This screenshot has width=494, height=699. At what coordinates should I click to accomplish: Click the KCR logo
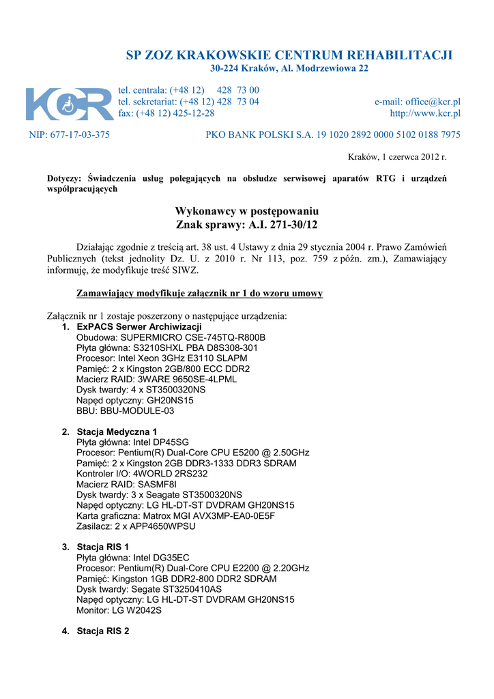70,104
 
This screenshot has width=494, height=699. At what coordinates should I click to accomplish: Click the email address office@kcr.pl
418,102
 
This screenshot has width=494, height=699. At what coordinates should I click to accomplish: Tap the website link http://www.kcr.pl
425,113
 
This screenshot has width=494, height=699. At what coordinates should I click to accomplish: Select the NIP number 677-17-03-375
70,134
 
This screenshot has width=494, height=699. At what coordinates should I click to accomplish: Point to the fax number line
166,113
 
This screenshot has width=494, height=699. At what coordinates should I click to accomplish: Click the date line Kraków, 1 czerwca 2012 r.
397,157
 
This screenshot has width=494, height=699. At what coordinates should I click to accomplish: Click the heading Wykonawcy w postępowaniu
247,211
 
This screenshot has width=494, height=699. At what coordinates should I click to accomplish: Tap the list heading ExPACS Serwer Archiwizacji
139,327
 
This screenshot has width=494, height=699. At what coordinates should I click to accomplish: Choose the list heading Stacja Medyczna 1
117,431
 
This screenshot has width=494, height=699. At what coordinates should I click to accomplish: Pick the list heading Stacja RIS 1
103,547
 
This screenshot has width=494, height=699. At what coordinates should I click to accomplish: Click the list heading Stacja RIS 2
103,631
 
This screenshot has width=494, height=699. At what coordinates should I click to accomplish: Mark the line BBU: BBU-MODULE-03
126,410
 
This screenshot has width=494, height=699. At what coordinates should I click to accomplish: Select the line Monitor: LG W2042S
119,610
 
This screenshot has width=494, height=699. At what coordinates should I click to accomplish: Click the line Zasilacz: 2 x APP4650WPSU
136,526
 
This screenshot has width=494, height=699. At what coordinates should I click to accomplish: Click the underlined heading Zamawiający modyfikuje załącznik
199,294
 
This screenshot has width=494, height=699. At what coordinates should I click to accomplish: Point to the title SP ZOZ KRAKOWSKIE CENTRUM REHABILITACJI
289,55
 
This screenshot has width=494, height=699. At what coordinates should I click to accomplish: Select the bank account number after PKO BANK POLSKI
388,134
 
